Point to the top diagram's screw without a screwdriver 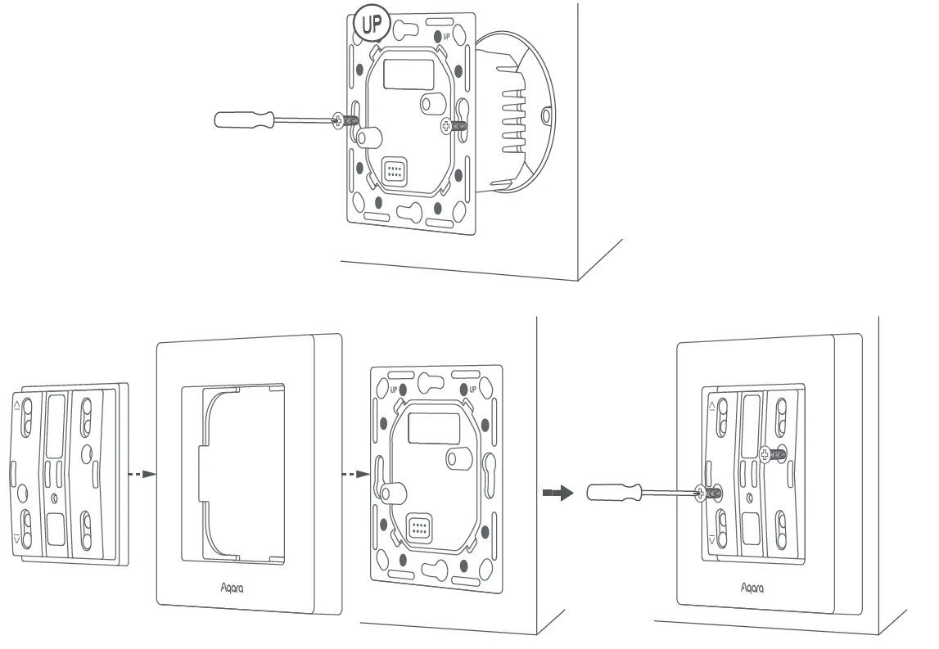pos(447,125)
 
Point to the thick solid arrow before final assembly pos(557,493)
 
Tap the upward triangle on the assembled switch pos(711,405)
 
